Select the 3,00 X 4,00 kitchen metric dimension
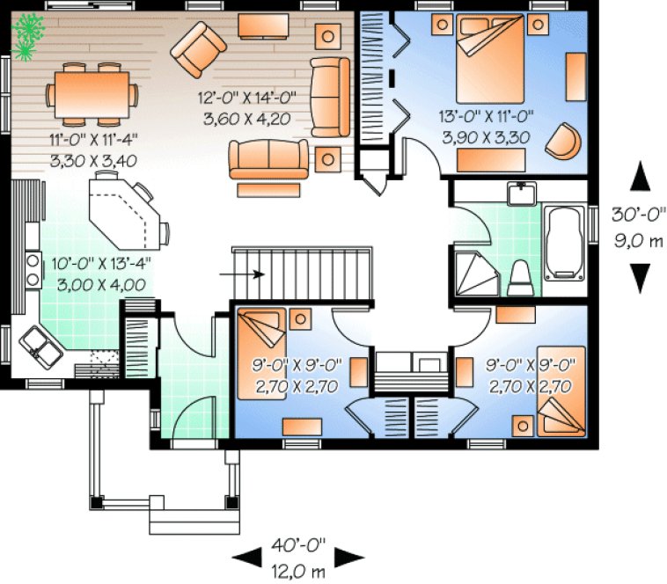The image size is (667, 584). pos(91,284)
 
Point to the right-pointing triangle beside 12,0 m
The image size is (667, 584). pos(350,556)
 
